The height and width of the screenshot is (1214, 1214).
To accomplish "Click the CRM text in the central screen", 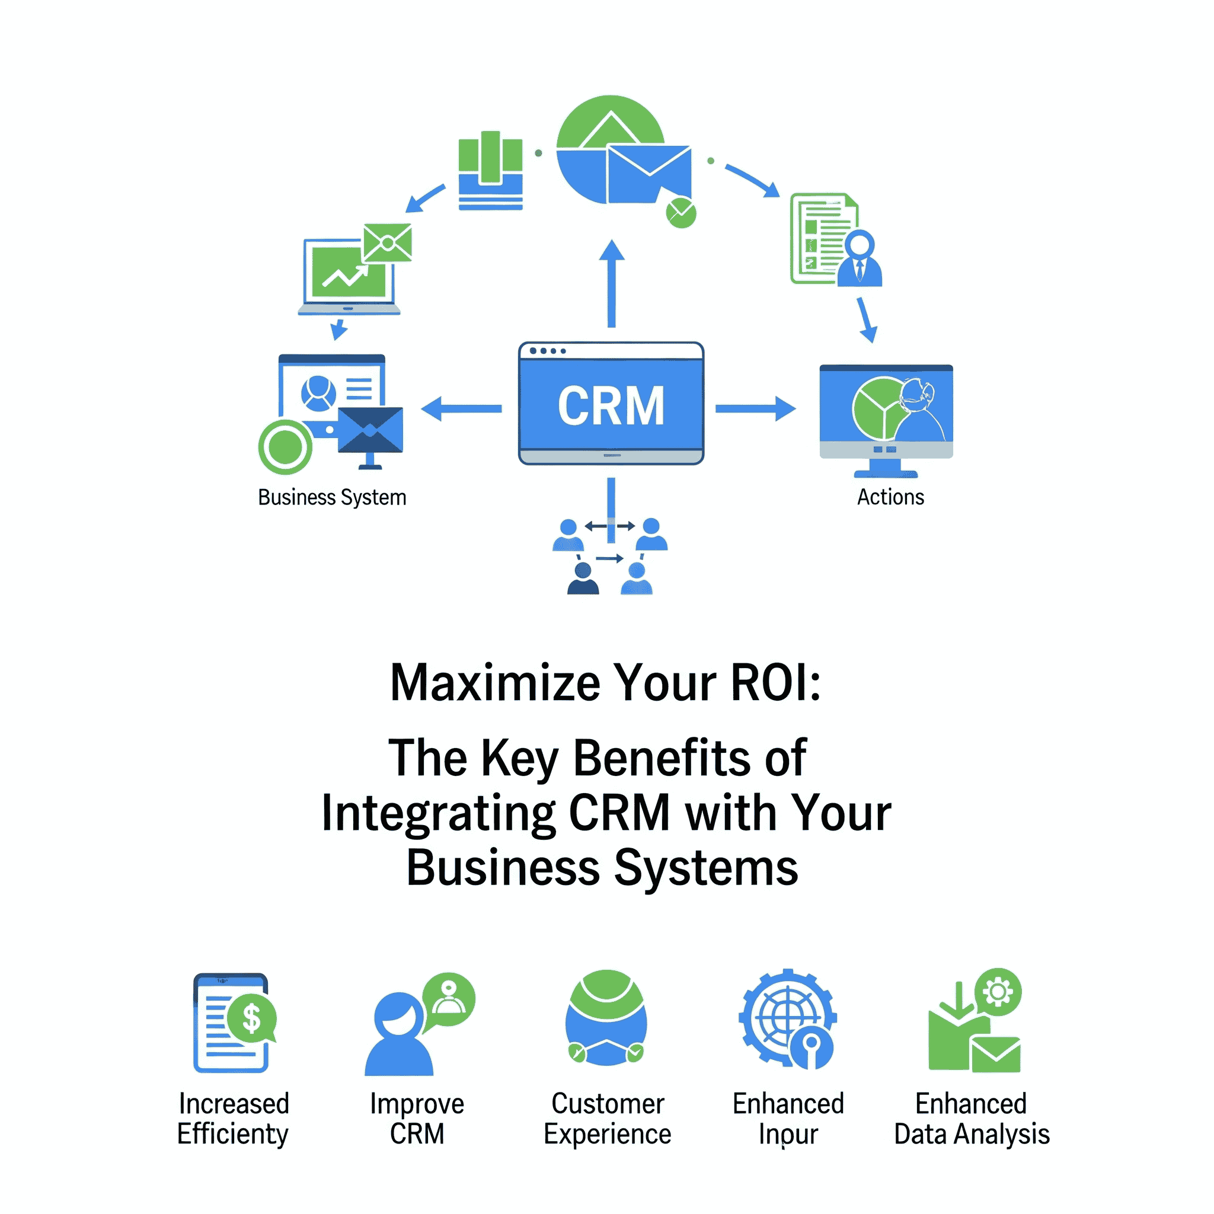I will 611,406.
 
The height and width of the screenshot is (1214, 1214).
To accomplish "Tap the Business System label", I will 332,497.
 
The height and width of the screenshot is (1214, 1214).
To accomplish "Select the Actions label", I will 890,496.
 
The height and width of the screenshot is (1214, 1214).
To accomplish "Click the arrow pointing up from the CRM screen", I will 611,283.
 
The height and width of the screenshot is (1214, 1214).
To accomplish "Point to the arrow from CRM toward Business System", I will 462,408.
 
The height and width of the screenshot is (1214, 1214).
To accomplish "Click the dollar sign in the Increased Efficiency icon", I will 251,1018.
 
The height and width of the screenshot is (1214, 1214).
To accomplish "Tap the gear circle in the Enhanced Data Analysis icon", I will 998,992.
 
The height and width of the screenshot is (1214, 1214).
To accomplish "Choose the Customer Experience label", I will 607,1119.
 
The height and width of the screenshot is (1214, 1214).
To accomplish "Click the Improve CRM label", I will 417,1119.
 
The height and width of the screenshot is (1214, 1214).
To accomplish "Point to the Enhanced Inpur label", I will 788,1119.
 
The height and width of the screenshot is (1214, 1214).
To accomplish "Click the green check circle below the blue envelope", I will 681,213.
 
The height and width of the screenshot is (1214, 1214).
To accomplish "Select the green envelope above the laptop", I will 387,242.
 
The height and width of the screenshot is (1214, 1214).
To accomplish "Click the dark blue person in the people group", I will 583,579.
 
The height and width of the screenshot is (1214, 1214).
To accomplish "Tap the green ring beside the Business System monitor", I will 285,447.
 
